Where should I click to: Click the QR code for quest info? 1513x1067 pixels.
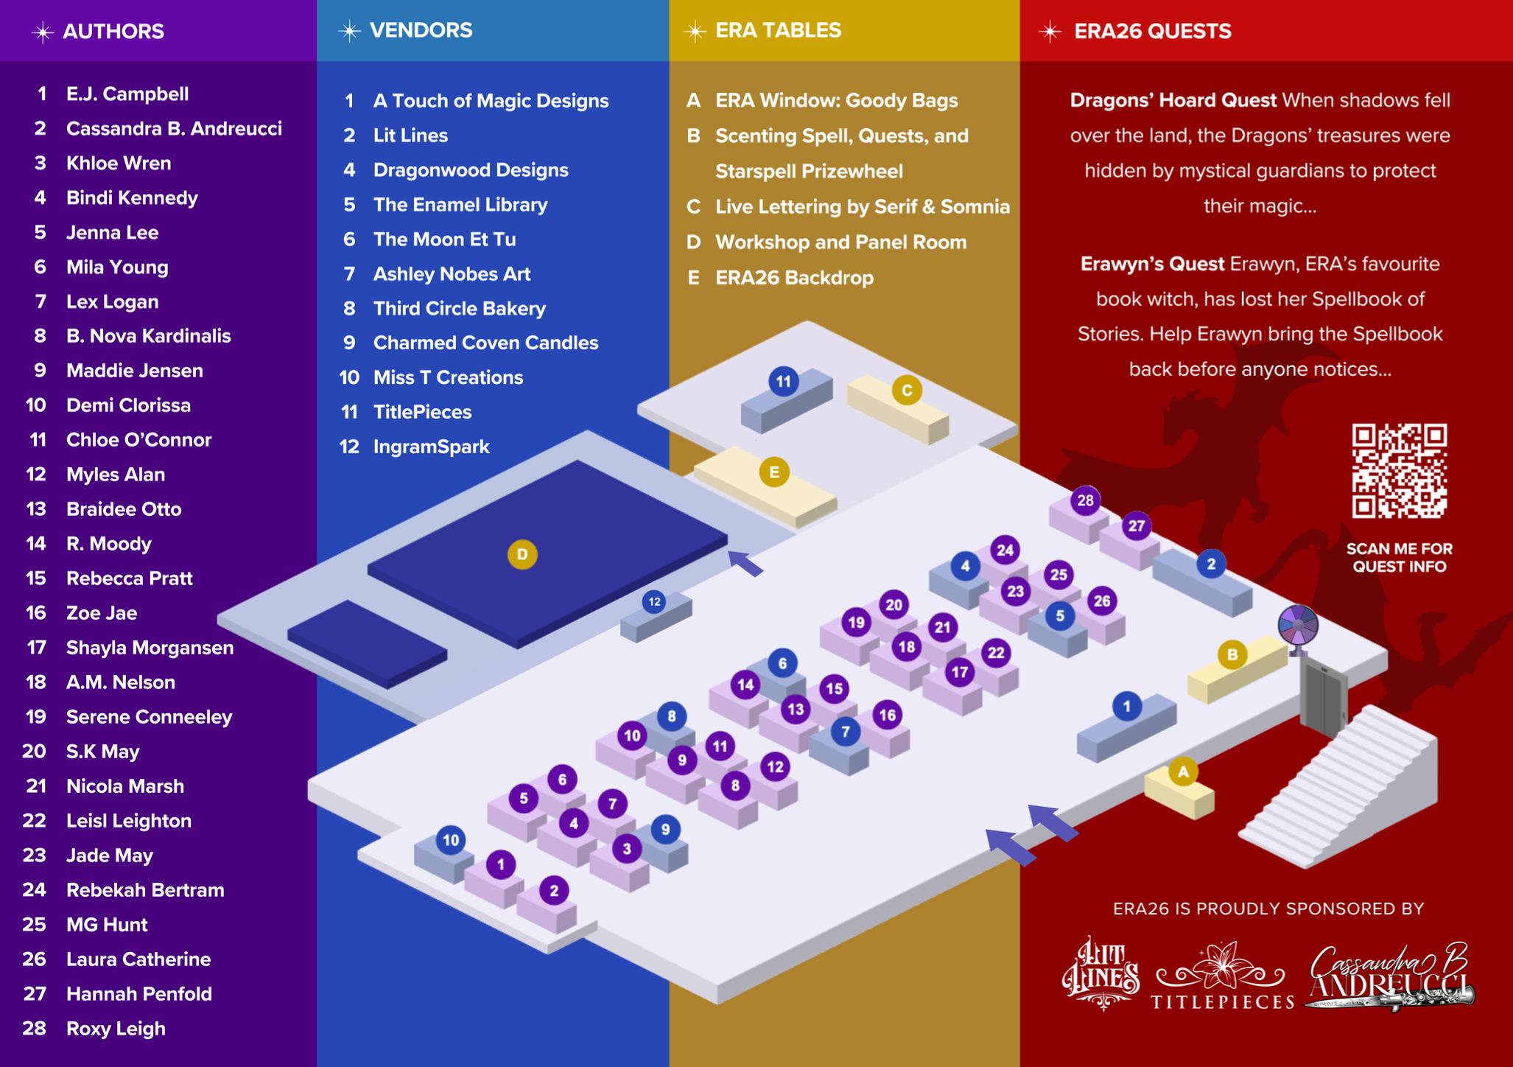pos(1399,471)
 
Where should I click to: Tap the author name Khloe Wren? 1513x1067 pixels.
pos(118,163)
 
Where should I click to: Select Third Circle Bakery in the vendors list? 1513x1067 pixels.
pos(459,308)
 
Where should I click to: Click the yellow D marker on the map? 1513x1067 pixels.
pos(522,554)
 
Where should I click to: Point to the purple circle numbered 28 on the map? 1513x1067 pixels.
pos(1085,501)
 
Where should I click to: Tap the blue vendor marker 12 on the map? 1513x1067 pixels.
pos(654,602)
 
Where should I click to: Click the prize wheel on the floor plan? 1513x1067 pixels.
pos(1297,626)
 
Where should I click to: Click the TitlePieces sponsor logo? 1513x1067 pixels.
pos(1223,977)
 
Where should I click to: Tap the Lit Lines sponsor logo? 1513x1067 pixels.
pos(1101,973)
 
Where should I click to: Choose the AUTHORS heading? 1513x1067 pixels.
pos(113,31)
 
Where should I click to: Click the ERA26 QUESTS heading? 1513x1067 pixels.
pos(1152,31)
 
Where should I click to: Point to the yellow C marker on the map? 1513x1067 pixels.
pos(907,390)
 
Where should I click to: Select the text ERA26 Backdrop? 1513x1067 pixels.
pos(794,278)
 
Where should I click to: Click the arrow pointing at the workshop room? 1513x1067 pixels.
pos(746,563)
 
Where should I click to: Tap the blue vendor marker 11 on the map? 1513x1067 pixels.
pos(783,381)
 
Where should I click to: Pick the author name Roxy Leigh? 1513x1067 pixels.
pos(116,1028)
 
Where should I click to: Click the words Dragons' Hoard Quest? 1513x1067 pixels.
pos(1173,100)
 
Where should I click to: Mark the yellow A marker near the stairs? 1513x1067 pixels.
pos(1183,772)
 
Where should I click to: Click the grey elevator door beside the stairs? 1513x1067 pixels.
pos(1323,697)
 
